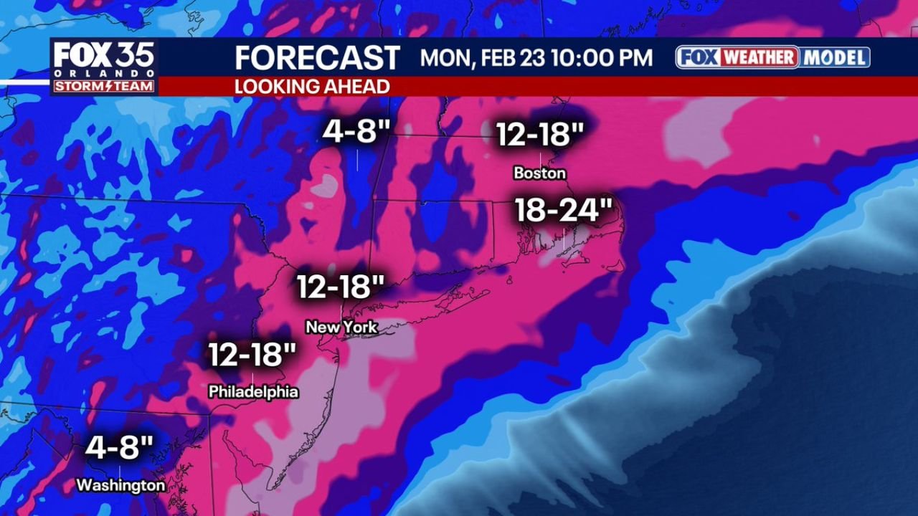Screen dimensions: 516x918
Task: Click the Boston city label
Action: point(539,173)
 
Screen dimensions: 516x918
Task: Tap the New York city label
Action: point(341,328)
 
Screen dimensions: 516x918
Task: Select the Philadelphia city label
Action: point(253,392)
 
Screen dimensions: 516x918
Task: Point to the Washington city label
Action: point(120,485)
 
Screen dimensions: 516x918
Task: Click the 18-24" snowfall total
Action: point(564,211)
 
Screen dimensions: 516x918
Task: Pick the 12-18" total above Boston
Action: point(540,134)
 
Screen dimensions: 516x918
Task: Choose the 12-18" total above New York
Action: point(341,287)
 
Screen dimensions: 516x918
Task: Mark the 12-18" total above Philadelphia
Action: point(252,355)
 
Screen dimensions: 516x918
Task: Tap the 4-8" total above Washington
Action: point(119,448)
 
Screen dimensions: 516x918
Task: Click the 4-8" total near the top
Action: point(356,132)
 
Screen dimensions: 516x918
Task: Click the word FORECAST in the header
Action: point(317,57)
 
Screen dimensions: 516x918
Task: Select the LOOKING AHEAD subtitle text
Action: point(312,87)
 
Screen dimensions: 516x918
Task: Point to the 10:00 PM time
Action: point(603,57)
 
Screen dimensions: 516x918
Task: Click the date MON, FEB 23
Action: point(483,57)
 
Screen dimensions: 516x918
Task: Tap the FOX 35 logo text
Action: point(103,56)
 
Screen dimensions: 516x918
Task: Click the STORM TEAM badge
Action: point(103,86)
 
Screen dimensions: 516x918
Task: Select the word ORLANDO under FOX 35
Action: point(103,74)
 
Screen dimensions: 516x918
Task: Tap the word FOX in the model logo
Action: point(699,57)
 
